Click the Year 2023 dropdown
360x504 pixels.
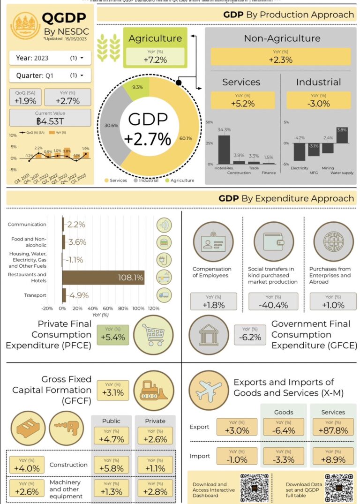click(x=50, y=58)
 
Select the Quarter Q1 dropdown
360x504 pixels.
click(x=50, y=75)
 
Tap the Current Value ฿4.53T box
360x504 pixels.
click(x=50, y=118)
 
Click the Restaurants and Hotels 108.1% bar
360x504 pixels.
click(x=103, y=278)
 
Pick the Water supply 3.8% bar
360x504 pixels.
click(x=342, y=135)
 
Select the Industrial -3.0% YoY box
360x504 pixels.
click(x=318, y=100)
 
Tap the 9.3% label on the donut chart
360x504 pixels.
click(x=138, y=87)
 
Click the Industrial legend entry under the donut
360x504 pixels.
click(x=148, y=180)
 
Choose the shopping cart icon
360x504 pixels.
click(x=153, y=334)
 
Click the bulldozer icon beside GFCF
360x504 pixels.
click(x=153, y=390)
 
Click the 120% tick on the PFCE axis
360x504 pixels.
click(x=153, y=309)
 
